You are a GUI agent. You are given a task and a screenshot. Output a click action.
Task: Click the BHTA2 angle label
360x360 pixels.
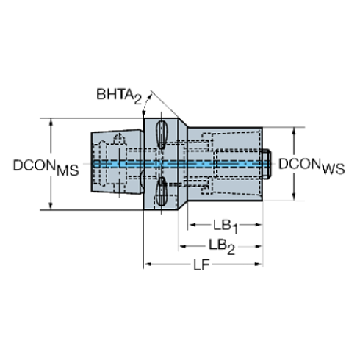coord(119,96)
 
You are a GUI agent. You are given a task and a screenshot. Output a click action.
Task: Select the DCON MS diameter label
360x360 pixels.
coord(46,168)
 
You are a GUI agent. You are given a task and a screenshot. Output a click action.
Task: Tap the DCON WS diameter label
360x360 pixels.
coord(312,166)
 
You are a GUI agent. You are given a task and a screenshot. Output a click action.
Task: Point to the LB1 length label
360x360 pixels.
coord(226,226)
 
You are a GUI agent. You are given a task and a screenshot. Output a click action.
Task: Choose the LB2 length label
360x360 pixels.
coord(222,247)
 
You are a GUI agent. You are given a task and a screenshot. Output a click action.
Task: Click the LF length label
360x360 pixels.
coord(201,264)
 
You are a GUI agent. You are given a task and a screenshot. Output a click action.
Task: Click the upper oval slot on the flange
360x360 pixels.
coord(162,134)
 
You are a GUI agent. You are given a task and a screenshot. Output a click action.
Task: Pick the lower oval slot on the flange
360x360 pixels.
coord(162,192)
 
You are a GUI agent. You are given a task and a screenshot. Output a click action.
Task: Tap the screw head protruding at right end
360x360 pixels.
coord(267,164)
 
